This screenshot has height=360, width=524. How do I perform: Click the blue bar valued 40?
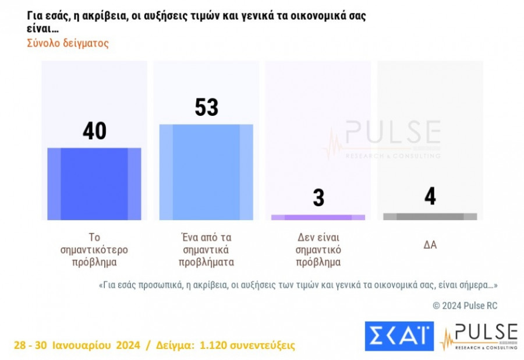[x=94, y=183]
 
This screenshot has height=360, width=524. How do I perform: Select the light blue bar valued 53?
[x=206, y=172]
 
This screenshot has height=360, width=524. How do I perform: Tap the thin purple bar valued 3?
[x=318, y=217]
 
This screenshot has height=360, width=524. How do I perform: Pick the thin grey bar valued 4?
[x=430, y=216]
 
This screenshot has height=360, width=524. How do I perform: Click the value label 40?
[x=94, y=131]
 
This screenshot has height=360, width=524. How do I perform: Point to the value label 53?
[x=206, y=107]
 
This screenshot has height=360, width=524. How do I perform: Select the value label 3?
[x=318, y=197]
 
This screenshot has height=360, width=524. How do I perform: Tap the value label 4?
[x=430, y=196]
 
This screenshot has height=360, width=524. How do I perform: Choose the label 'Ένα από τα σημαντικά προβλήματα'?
[x=207, y=249]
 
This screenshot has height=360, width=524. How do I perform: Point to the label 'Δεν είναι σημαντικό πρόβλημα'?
[x=318, y=249]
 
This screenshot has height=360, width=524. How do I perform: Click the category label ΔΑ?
[x=430, y=245]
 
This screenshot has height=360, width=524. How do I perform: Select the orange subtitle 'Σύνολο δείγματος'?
[x=68, y=43]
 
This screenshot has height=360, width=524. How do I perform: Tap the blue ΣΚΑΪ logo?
[x=399, y=336]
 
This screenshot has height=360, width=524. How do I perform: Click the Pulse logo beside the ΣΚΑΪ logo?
[x=479, y=336]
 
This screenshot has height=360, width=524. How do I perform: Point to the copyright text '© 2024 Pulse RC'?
[x=465, y=305]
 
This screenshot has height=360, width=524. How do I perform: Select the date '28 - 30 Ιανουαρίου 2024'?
[x=77, y=345]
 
